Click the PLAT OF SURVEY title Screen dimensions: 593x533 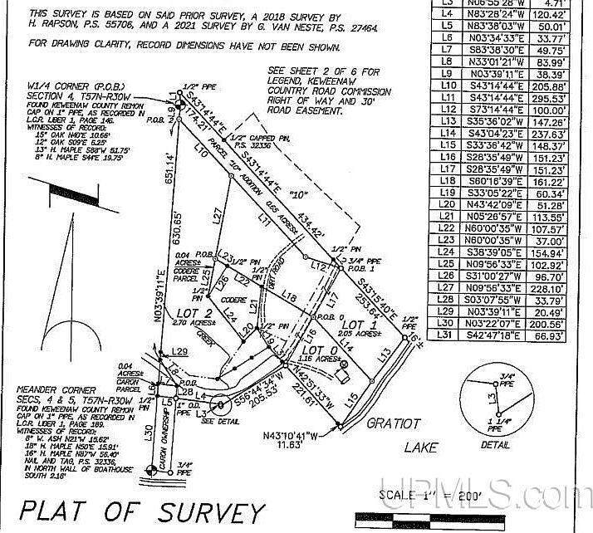pyautogui.click(x=141, y=510)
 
